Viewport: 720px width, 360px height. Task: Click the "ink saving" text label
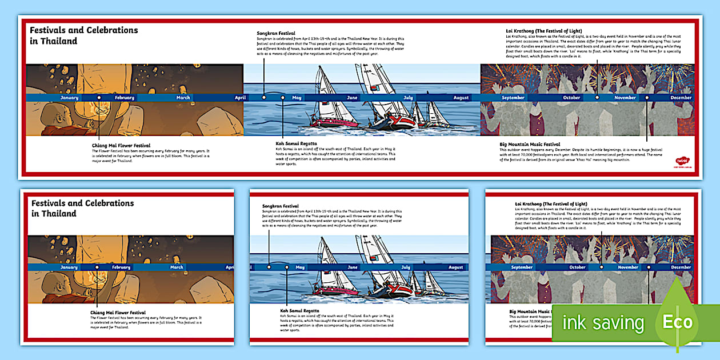pos(603,323)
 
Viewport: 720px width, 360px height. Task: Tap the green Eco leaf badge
pos(678,321)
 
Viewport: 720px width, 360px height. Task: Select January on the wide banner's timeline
pos(69,98)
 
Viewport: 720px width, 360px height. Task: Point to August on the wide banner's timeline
pos(461,98)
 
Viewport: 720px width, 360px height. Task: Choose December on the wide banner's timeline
pos(681,98)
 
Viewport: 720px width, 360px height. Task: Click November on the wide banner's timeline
pos(625,98)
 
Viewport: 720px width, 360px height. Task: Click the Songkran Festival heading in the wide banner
pos(276,33)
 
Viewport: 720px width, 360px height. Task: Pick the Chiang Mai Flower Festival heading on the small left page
pos(118,313)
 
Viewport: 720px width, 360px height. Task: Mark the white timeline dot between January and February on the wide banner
pos(99,98)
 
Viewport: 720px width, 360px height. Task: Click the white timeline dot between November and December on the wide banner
pos(647,98)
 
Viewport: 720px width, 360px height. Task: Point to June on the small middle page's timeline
pos(353,267)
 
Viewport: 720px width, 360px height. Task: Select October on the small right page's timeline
pos(577,267)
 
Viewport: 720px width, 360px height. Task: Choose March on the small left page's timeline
pos(177,267)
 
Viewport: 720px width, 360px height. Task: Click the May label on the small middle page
pos(300,267)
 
